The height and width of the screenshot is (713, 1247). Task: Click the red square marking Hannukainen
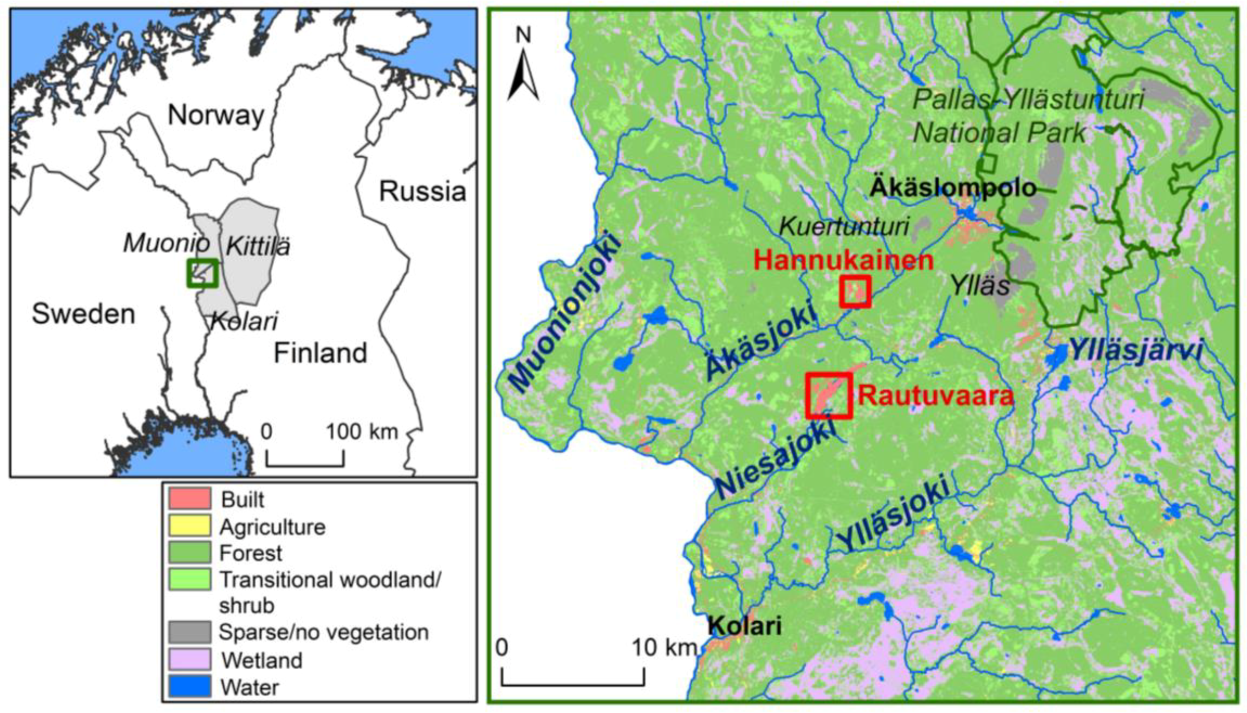[x=855, y=292]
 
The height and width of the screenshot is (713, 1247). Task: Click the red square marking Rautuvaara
[x=828, y=395]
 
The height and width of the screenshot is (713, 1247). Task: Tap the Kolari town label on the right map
[x=744, y=626]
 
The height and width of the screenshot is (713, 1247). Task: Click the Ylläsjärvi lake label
[x=1136, y=351]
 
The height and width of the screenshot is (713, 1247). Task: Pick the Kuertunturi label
[x=843, y=226]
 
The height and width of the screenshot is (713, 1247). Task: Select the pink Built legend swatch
[x=189, y=499]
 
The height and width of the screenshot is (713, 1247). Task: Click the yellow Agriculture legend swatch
[x=189, y=525]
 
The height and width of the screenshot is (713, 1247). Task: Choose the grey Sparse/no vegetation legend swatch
[x=189, y=632]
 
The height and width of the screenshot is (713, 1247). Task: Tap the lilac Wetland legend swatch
[x=189, y=659]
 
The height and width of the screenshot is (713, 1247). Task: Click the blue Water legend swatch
[x=189, y=686]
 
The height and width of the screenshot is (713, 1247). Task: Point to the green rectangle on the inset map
[x=203, y=273]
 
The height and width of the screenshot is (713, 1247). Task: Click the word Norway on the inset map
[x=215, y=115]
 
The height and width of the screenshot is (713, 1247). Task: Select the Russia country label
[x=422, y=191]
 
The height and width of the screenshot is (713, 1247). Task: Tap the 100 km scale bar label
[x=362, y=431]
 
